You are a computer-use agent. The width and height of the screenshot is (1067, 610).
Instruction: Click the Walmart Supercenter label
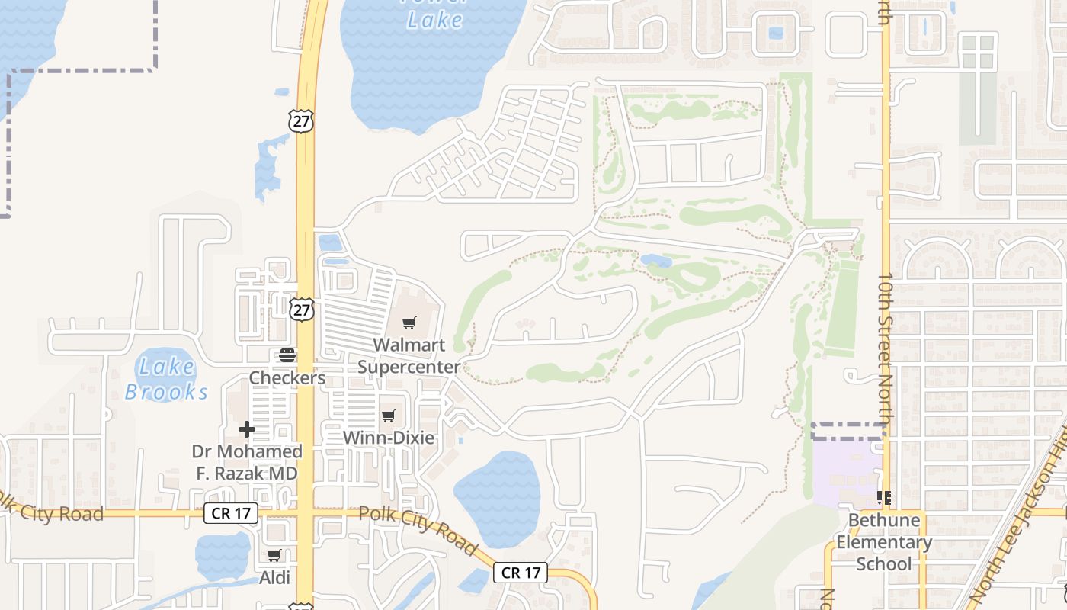(x=409, y=355)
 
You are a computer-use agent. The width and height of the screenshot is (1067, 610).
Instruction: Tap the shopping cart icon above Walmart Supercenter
(x=409, y=323)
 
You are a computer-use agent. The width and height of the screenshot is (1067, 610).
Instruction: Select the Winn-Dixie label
(x=389, y=438)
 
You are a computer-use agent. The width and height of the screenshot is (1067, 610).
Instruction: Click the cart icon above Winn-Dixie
(x=389, y=416)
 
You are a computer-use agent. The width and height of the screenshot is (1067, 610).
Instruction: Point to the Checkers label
(x=287, y=378)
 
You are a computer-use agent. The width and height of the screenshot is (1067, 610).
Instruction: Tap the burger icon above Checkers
(x=287, y=355)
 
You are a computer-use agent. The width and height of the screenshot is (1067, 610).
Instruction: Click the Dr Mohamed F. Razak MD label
(x=247, y=462)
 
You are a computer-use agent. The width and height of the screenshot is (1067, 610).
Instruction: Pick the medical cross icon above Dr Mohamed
(x=247, y=430)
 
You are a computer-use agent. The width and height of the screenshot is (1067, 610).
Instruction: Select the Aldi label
(x=274, y=578)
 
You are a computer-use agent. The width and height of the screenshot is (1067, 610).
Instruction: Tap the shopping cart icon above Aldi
(x=274, y=556)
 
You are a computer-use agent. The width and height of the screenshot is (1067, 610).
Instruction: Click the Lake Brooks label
(x=166, y=379)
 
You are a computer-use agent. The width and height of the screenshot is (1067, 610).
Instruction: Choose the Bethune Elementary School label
(x=884, y=542)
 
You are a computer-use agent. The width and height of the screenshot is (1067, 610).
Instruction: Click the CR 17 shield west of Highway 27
(x=231, y=513)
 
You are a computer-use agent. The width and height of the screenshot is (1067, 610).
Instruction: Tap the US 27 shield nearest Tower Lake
(x=301, y=120)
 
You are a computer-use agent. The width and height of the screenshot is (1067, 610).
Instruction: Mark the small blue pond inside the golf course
(x=656, y=262)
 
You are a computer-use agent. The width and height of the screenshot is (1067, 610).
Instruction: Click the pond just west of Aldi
(x=222, y=555)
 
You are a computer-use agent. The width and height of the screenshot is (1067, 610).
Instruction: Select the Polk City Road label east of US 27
(x=418, y=530)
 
